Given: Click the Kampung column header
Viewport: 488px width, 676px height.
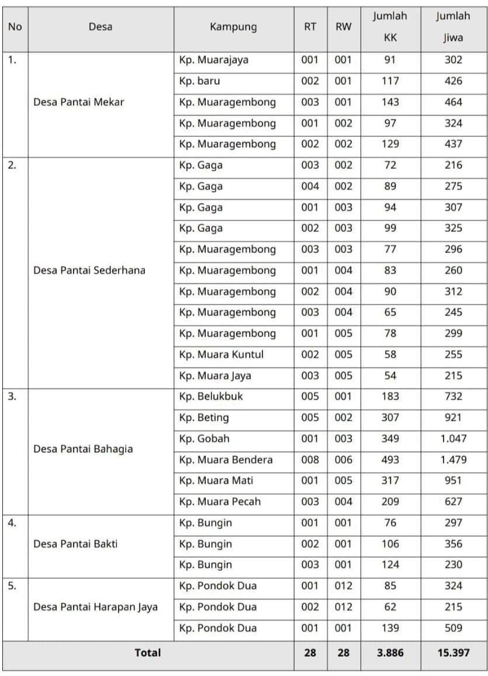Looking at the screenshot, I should click(x=233, y=27).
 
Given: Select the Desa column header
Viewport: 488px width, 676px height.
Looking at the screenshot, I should click(x=101, y=27).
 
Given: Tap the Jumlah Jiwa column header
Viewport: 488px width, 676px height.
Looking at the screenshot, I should click(x=453, y=27).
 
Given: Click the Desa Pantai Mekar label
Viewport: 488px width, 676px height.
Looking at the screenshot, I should click(x=79, y=102).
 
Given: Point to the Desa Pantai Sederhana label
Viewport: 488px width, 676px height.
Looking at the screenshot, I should click(x=89, y=271).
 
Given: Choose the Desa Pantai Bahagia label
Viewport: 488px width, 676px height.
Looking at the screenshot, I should click(x=83, y=449).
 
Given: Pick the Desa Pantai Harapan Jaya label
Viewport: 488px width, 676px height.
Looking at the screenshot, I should click(x=96, y=607).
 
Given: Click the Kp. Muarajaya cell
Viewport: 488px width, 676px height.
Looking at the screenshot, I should click(x=214, y=60).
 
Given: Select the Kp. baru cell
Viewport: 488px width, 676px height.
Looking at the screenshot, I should click(x=200, y=81).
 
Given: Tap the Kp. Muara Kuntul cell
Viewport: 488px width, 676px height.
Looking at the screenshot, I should click(x=221, y=355).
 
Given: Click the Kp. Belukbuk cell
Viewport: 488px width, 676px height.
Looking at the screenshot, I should click(x=211, y=396).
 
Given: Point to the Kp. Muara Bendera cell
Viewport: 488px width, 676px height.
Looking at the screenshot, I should click(x=226, y=460).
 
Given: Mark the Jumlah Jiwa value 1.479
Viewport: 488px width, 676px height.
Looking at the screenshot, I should click(x=453, y=460).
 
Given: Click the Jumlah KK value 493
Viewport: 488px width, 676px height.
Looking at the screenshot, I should click(x=390, y=460).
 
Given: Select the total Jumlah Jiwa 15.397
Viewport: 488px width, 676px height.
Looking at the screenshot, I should click(x=453, y=653).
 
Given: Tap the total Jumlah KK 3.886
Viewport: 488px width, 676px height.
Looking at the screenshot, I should click(x=390, y=653).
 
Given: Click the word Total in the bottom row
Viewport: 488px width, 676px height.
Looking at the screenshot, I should click(x=147, y=653).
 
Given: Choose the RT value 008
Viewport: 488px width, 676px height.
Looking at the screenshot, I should click(x=310, y=460).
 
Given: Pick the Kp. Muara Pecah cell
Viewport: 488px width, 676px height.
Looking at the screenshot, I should click(x=220, y=502).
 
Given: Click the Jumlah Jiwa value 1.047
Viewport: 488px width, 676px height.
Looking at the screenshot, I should click(x=453, y=439).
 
